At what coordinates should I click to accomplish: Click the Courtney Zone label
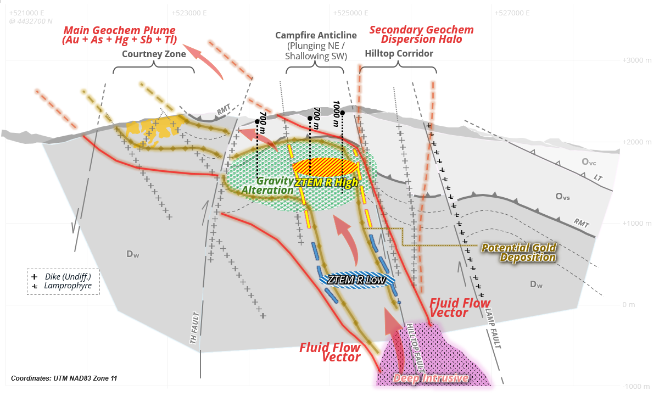[x=154, y=54]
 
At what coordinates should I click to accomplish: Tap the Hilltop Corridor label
[x=399, y=53]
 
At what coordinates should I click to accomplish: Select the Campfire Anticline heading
[x=316, y=35]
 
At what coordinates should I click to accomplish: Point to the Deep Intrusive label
[x=431, y=378]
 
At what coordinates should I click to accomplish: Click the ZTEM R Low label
[x=356, y=280]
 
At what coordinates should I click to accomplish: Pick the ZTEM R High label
[x=326, y=183]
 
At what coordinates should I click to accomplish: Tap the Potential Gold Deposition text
[x=519, y=253]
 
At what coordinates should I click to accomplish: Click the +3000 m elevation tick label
[x=636, y=60]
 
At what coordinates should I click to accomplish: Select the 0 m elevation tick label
[x=628, y=305]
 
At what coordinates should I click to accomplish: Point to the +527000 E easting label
[x=512, y=13]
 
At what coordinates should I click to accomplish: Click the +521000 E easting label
[x=27, y=13]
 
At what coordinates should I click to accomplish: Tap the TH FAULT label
[x=194, y=327]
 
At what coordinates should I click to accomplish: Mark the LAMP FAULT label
[x=493, y=328]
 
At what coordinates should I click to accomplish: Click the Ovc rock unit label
[x=589, y=162]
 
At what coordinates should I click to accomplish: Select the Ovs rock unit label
[x=562, y=197]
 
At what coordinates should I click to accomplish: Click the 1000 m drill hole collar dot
[x=343, y=113]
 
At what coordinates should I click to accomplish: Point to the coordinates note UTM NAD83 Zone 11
[x=64, y=378]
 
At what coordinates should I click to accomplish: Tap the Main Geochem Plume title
[x=120, y=35]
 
